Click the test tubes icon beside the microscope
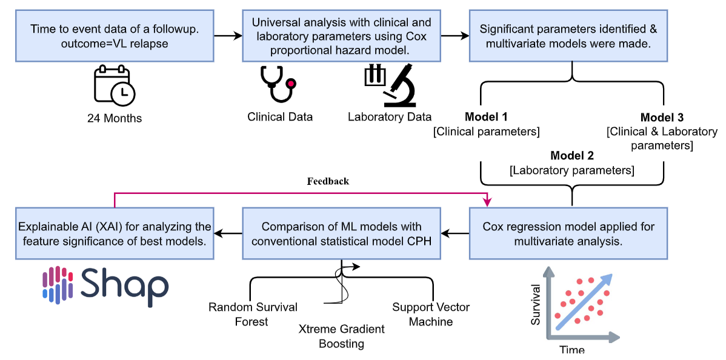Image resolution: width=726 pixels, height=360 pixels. [x=374, y=76]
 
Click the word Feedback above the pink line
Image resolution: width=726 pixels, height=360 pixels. [x=328, y=181]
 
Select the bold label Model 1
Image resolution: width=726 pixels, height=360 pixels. [x=486, y=117]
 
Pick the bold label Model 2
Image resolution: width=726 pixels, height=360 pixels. [x=572, y=156]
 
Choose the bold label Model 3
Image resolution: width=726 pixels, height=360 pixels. [x=661, y=117]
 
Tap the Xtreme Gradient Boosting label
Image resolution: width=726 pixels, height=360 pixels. [x=342, y=336]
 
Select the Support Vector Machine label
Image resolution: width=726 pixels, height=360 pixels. [x=431, y=314]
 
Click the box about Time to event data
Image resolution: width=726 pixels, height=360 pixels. [x=115, y=35]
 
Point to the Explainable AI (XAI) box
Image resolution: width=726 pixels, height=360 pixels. [x=115, y=233]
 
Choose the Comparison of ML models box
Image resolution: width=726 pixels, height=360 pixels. [x=341, y=233]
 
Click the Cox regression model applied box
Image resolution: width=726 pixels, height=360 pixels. [x=568, y=233]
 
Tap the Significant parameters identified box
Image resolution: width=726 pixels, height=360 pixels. [x=568, y=35]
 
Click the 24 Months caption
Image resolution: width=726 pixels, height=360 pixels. [x=115, y=118]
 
